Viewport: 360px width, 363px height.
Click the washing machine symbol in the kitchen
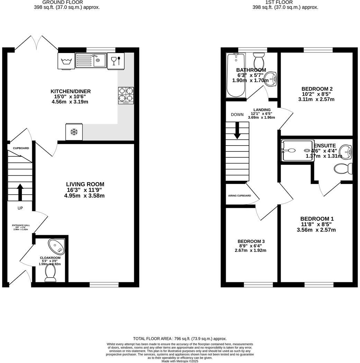click(66, 61)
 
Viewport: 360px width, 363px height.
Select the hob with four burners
click(126, 95)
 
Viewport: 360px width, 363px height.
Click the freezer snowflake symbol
click(74, 132)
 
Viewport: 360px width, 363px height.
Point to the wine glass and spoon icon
click(116, 61)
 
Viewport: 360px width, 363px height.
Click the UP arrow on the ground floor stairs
click(20, 192)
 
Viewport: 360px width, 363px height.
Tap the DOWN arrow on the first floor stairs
click(237, 131)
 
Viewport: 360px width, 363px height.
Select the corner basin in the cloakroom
click(57, 246)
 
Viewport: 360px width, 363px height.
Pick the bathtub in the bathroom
click(236, 76)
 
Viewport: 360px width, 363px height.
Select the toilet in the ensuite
click(343, 169)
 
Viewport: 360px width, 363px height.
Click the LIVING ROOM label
click(85, 184)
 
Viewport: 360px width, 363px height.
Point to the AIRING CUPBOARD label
click(240, 196)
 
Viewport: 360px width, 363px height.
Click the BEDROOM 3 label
click(251, 241)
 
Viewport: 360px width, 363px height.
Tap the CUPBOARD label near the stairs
click(21, 148)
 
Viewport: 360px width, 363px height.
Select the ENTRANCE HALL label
click(21, 225)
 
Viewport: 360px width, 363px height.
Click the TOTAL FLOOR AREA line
click(180, 338)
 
